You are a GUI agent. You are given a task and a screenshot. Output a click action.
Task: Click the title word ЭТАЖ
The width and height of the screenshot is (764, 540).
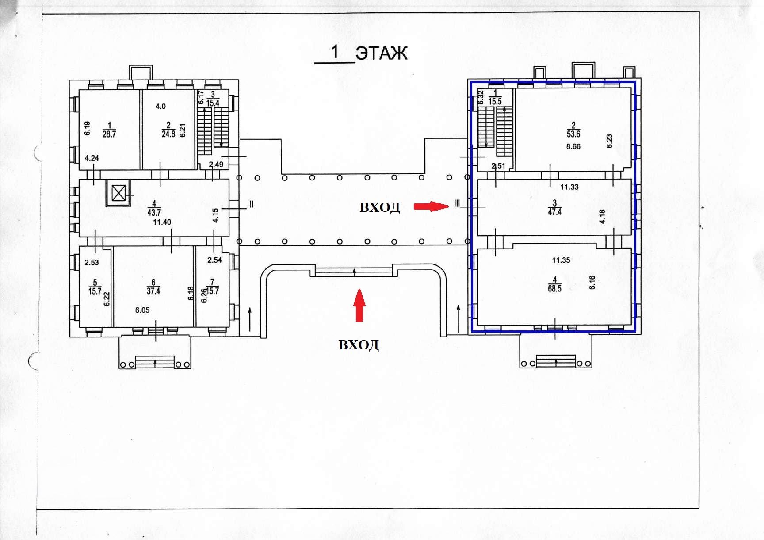click(x=382, y=53)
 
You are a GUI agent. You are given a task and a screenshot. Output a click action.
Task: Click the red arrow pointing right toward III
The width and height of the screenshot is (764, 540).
click(x=431, y=206)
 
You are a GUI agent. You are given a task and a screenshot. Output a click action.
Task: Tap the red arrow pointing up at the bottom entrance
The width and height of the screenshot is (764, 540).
click(x=360, y=305)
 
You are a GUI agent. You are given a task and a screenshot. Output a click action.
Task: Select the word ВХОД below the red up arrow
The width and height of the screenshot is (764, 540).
click(x=359, y=345)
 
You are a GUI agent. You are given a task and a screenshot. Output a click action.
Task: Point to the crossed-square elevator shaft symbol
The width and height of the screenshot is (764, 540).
click(x=118, y=194)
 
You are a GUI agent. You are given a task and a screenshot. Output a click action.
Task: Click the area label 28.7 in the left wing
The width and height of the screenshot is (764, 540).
click(x=109, y=134)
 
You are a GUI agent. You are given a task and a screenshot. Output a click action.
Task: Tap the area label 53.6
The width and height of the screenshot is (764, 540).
click(x=573, y=134)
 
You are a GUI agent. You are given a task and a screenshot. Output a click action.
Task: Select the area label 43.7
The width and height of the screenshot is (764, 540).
click(x=154, y=212)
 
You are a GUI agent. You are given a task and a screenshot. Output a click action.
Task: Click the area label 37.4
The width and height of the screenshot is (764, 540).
click(x=153, y=291)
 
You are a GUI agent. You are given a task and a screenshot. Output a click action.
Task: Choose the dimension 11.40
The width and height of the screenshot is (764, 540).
click(x=162, y=222)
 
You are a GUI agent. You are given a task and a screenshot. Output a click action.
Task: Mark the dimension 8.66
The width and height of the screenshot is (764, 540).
click(x=573, y=146)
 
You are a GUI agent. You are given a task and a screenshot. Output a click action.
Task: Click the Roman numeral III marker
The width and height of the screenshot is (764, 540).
click(x=457, y=204)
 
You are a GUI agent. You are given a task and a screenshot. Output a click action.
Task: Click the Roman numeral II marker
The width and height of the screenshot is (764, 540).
click(x=251, y=204)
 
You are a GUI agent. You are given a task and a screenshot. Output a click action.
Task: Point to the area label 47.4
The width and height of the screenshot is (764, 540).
click(x=554, y=212)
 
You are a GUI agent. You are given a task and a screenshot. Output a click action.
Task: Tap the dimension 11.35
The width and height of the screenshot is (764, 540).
click(x=561, y=260)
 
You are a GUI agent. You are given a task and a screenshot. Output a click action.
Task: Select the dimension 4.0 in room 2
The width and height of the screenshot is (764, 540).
click(x=160, y=106)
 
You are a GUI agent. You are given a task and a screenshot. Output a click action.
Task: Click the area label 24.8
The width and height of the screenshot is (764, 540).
click(x=168, y=134)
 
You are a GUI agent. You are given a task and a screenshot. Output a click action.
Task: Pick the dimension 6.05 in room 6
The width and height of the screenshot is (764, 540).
click(x=142, y=310)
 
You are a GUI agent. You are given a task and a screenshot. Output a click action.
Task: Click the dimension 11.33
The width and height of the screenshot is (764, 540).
click(x=569, y=187)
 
